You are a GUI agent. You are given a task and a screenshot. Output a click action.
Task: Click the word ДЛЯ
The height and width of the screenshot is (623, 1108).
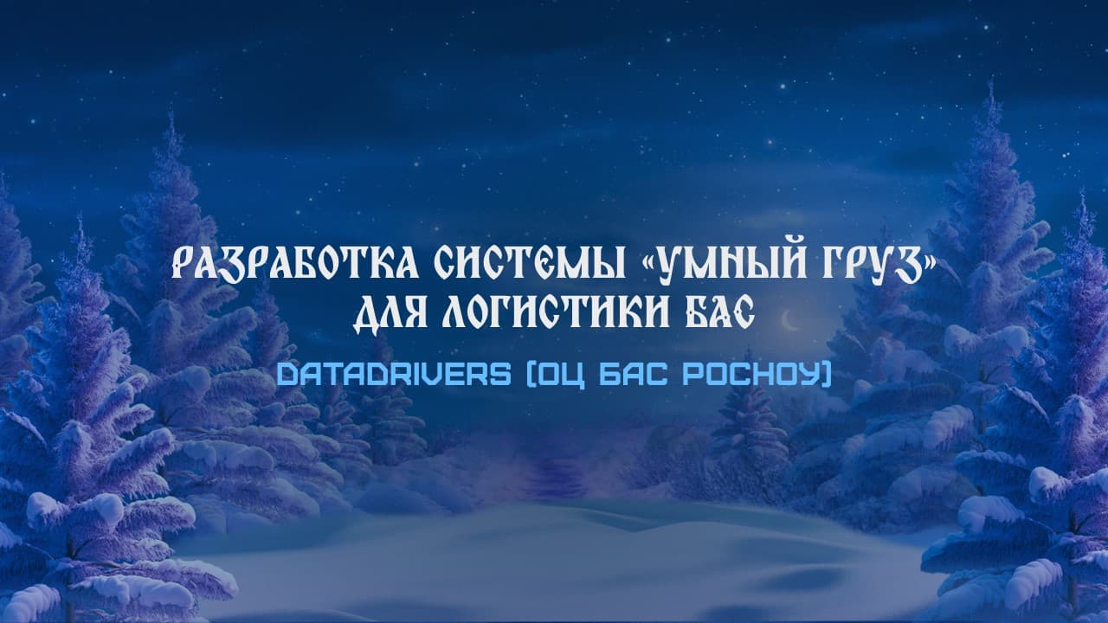390,313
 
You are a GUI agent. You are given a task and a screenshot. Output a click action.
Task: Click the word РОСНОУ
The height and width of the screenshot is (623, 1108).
750,374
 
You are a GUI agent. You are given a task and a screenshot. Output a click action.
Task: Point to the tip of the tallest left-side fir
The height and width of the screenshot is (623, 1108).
171,112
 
